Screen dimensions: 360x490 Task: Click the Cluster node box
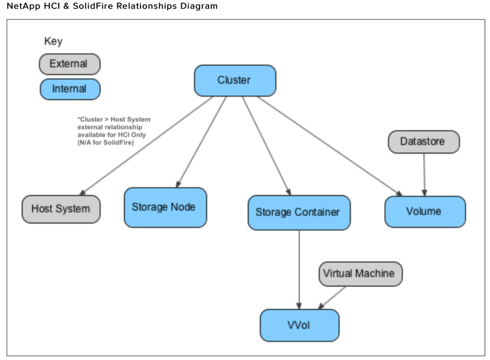point(234,80)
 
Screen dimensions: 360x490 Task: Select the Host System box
point(61,209)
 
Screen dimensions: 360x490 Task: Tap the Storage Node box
point(165,207)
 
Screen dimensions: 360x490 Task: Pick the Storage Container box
point(299,212)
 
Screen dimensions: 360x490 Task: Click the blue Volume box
point(425,211)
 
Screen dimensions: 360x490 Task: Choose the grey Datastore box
point(423,142)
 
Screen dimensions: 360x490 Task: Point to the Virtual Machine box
point(360,274)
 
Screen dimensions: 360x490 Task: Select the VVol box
point(299,325)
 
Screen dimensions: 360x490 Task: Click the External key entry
point(69,64)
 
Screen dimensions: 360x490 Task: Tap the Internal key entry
point(69,89)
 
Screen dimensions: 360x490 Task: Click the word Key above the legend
point(53,42)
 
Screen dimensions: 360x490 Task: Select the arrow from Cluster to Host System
point(146,146)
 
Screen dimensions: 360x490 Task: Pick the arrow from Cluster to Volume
point(330,146)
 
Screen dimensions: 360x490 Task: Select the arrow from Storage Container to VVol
point(299,269)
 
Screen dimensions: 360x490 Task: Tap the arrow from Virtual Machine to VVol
point(333,297)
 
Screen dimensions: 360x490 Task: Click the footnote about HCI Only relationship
point(113,131)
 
